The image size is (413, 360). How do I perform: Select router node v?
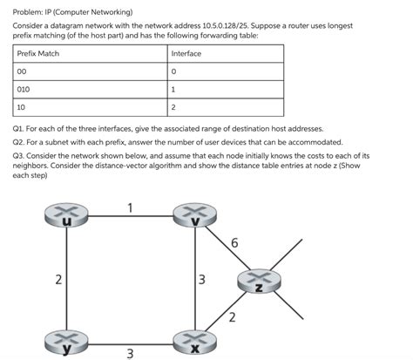click(195, 215)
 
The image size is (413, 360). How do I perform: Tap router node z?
click(259, 281)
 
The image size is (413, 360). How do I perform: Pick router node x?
click(195, 343)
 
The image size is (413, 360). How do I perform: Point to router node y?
click(66, 343)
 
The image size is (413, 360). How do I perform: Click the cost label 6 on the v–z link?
click(234, 242)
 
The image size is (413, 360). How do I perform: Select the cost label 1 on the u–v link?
click(130, 207)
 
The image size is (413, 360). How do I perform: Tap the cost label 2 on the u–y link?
click(58, 280)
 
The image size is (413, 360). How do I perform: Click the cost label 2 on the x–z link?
click(232, 317)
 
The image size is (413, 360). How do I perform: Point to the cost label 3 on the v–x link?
click(201, 280)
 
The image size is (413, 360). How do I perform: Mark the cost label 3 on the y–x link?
click(130, 354)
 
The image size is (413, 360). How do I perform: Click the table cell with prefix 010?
click(90, 90)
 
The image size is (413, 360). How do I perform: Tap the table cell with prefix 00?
click(90, 71)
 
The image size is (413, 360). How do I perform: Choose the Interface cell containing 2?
click(226, 107)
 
